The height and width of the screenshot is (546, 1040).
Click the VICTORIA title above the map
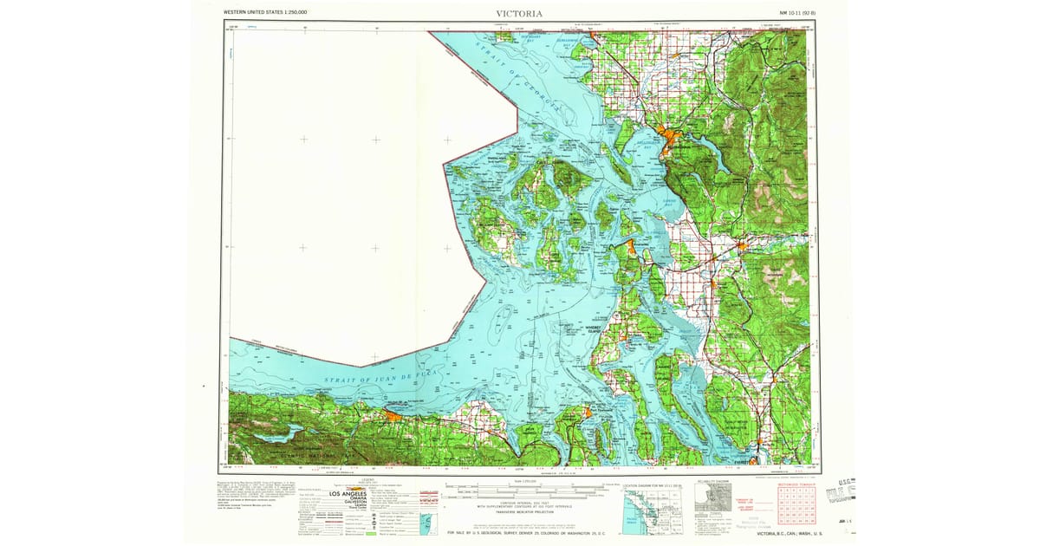[519, 13]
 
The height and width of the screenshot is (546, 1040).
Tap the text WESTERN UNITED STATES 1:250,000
[265, 13]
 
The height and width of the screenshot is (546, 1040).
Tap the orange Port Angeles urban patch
[392, 417]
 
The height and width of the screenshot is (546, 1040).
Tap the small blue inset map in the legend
[425, 523]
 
